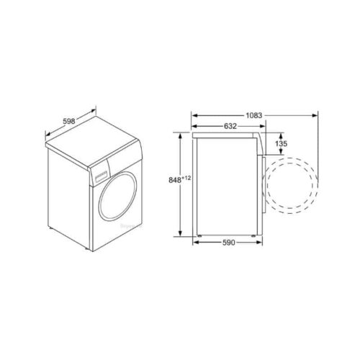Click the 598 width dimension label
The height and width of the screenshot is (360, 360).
(69, 121)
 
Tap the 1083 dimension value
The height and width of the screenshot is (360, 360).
(254, 116)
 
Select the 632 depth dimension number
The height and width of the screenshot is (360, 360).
(230, 126)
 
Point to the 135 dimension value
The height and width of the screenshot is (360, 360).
(281, 143)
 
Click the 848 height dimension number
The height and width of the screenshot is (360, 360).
(175, 180)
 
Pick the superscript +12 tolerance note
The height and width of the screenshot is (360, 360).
(186, 178)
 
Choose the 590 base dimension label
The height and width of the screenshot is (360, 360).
(228, 243)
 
